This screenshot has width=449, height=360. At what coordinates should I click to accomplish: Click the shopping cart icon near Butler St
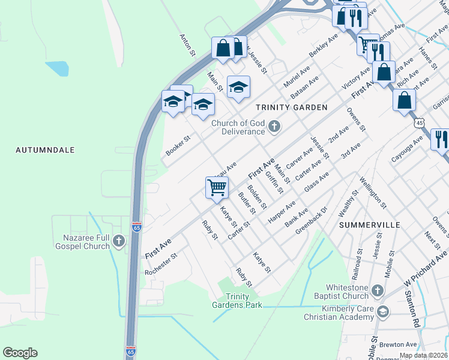217,187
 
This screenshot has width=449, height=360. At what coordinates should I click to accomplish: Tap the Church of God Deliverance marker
275,126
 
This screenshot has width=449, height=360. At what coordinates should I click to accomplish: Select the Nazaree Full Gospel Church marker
119,241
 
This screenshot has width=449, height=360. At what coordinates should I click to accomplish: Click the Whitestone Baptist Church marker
377,291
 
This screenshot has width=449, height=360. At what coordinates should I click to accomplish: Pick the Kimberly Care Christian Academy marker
383,312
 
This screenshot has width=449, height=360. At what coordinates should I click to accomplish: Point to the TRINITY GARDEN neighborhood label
291,107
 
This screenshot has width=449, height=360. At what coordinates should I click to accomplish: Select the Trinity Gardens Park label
237,301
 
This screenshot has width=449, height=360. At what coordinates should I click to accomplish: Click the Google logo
20,353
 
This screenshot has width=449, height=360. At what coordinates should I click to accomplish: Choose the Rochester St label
161,264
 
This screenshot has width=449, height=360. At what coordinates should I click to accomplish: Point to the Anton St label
188,45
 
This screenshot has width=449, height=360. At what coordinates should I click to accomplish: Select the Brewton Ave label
402,344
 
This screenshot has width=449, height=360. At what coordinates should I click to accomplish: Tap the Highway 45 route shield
419,122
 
